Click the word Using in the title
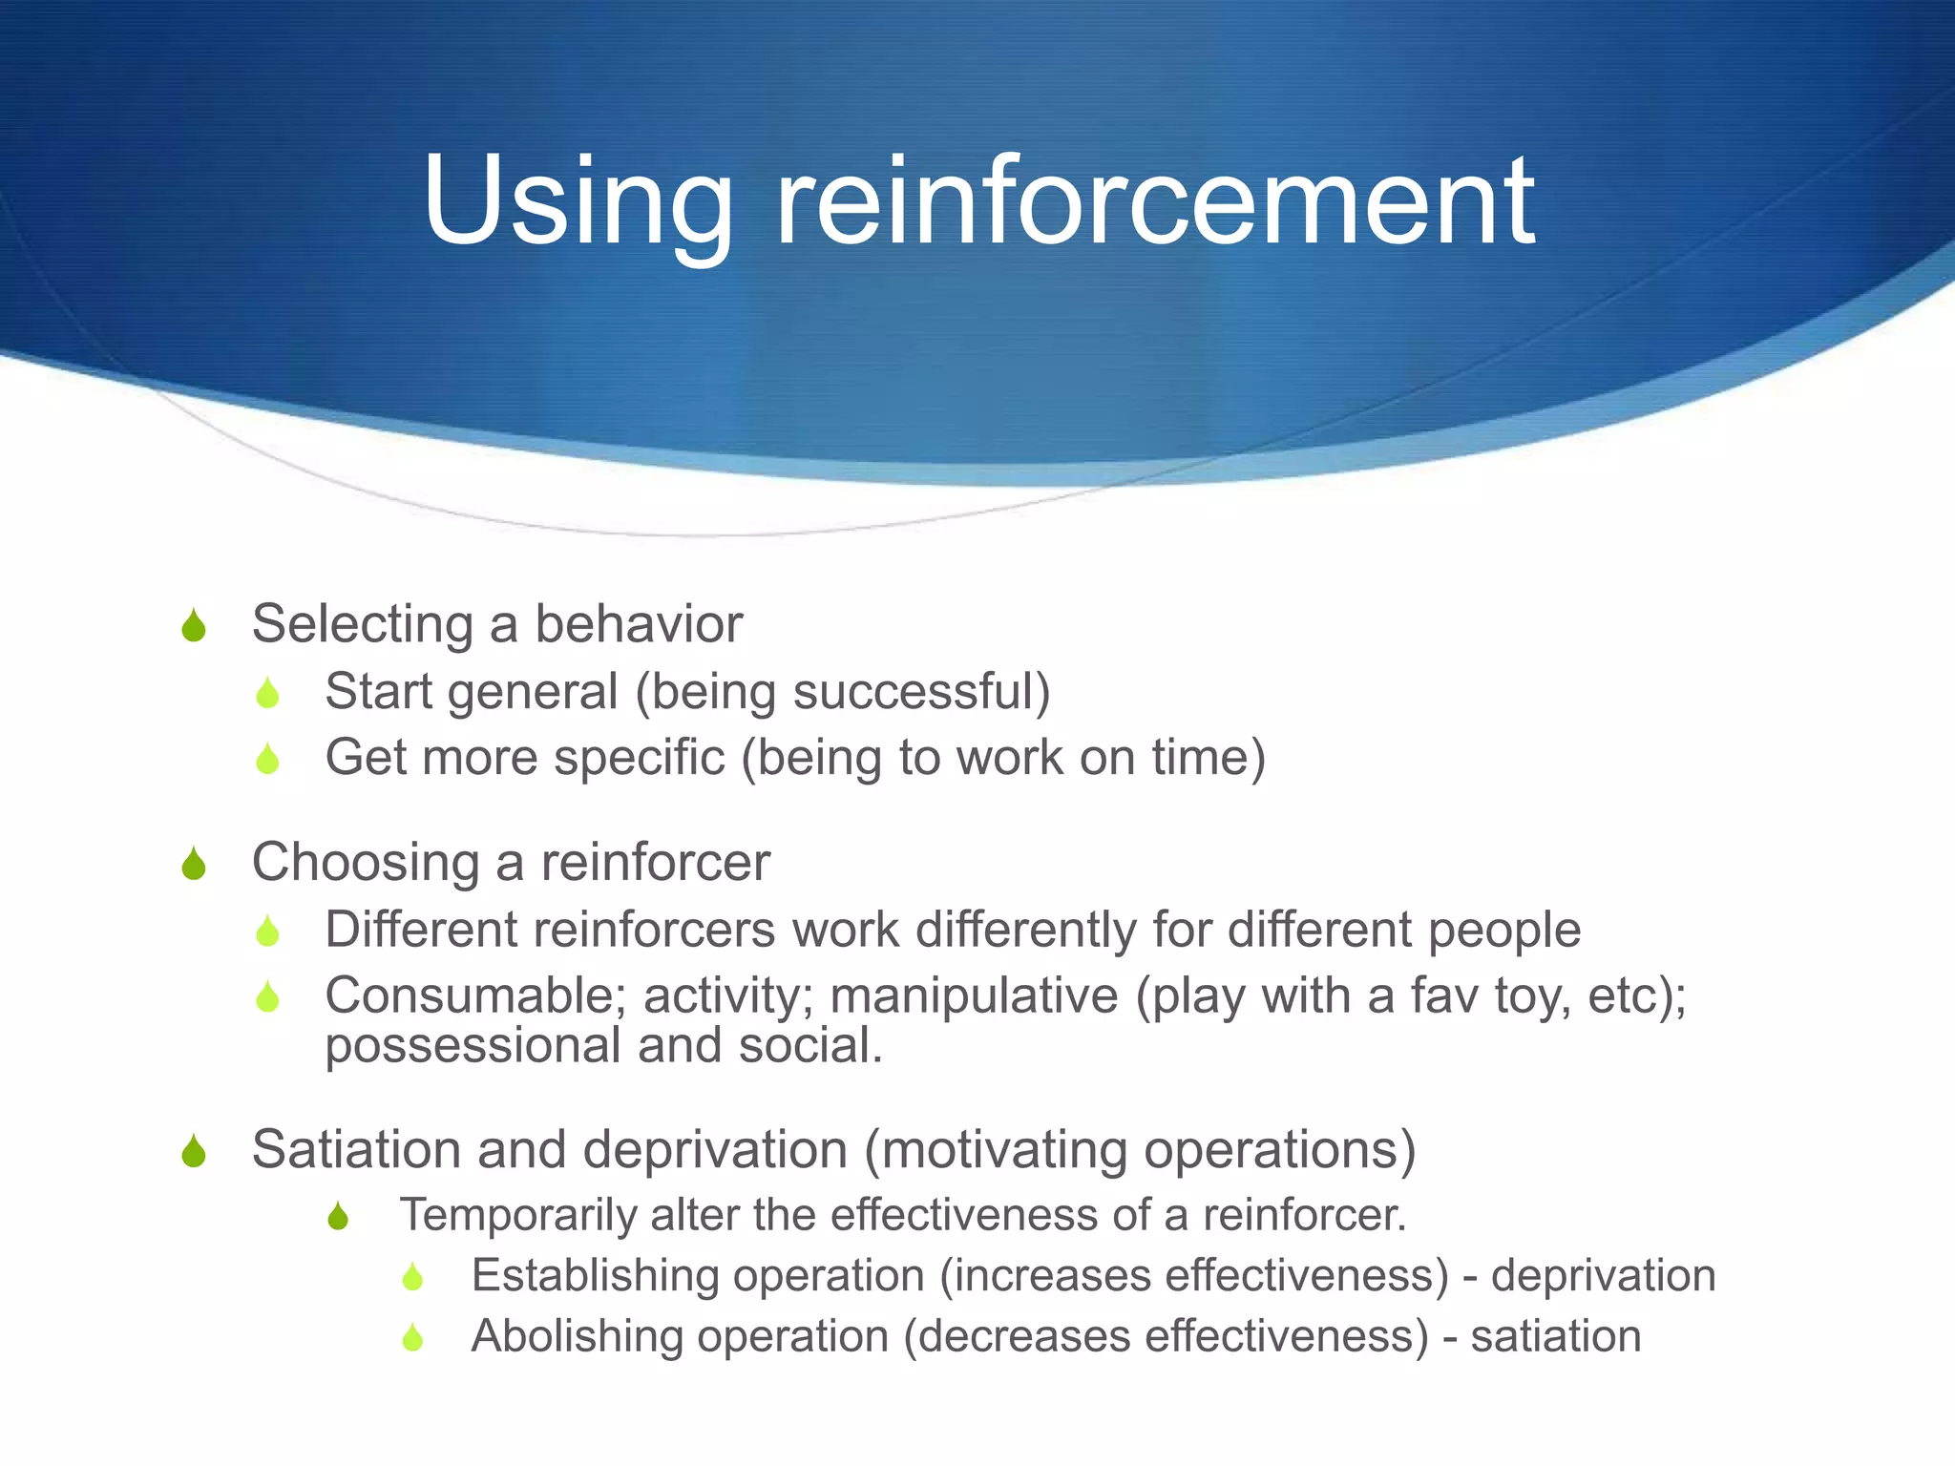pos(578,202)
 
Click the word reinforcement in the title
pos(1155,202)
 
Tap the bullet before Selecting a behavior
pos(194,626)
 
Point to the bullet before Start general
pos(267,693)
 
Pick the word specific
pos(640,758)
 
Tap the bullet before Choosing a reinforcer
pos(194,864)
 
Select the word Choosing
pos(366,864)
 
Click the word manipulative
pos(974,995)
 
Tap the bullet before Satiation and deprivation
pos(194,1151)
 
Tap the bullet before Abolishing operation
pos(412,1337)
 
